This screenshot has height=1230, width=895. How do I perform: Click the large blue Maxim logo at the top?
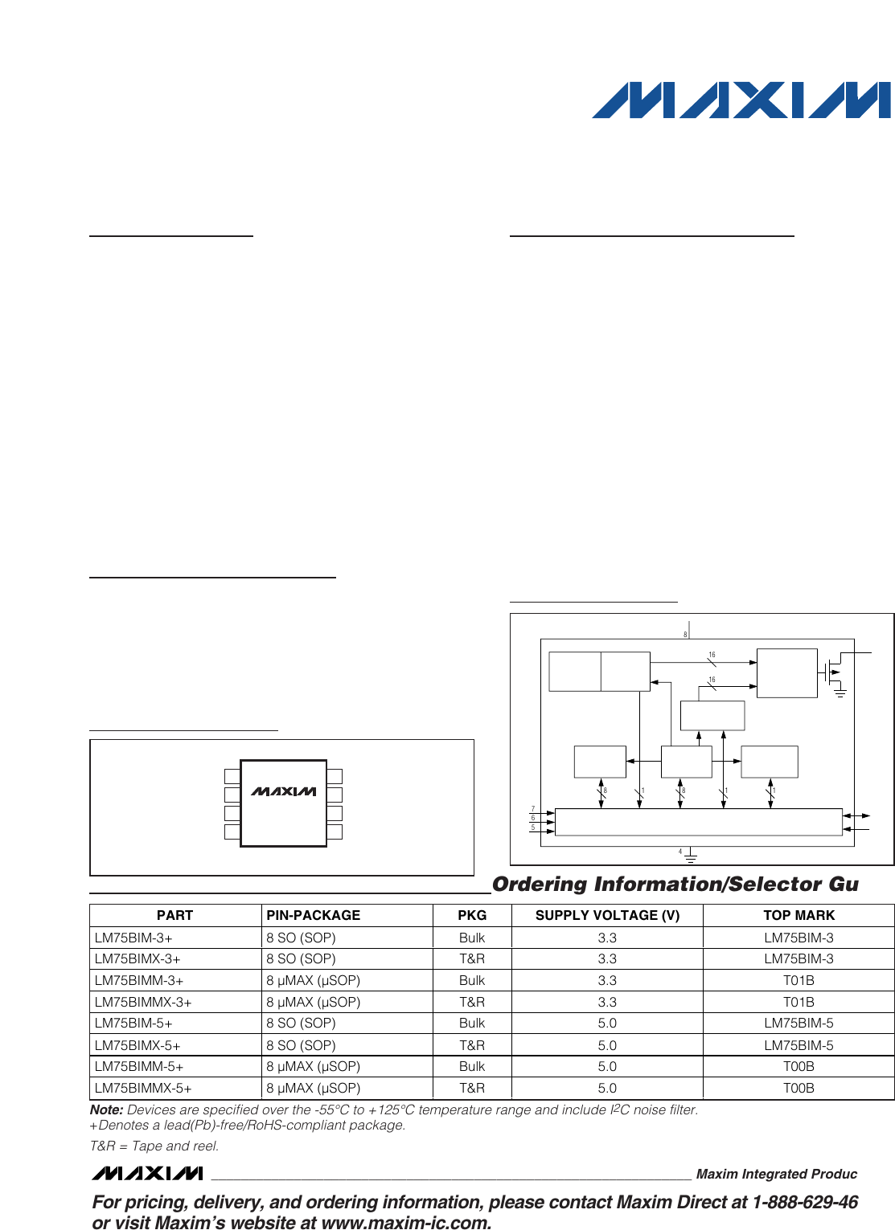click(x=741, y=100)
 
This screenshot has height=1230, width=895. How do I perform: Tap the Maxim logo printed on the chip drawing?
click(x=283, y=791)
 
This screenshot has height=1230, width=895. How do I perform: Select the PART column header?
click(x=174, y=915)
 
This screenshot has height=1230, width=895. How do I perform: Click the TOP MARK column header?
click(x=799, y=915)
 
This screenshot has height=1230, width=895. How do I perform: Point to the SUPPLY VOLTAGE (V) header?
click(x=607, y=915)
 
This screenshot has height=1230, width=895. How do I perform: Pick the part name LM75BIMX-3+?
click(x=138, y=958)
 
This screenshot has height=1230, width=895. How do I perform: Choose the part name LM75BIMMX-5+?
click(x=143, y=1088)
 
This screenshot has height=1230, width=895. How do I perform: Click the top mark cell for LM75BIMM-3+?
click(x=799, y=980)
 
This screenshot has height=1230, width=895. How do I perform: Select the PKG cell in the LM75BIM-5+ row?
click(x=472, y=1023)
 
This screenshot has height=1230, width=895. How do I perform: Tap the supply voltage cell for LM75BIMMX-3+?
click(x=607, y=1002)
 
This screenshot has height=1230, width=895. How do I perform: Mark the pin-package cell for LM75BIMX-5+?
click(x=301, y=1045)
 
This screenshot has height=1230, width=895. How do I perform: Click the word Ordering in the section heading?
click(x=540, y=884)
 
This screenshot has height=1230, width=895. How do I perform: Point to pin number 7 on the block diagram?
click(x=532, y=809)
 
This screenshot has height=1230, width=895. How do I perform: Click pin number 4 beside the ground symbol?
click(x=680, y=852)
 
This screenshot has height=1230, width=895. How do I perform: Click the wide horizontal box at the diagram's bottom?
click(x=698, y=822)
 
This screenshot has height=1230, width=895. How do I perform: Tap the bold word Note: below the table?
click(x=107, y=1109)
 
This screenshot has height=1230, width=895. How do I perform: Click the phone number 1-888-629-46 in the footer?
click(x=805, y=1202)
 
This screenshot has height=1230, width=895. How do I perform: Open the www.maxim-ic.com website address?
click(x=406, y=1223)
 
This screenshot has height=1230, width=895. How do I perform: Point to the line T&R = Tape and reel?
click(x=154, y=1146)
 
